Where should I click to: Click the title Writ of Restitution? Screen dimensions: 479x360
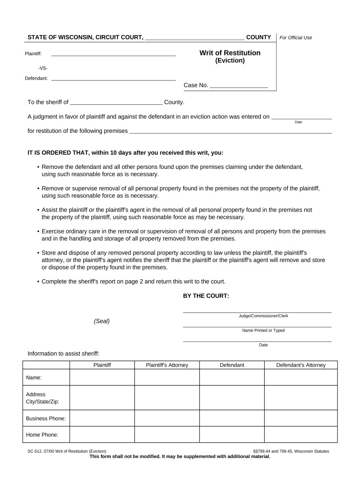coord(230,53)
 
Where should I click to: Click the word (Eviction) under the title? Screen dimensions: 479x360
coord(230,60)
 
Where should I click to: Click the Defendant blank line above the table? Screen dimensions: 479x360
coord(113,78)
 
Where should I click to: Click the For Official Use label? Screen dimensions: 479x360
coord(295,37)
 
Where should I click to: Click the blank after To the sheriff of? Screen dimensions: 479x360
coord(116,102)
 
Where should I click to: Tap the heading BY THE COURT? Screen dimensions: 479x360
coord(206,296)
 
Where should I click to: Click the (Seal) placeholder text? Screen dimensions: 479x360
coord(101,321)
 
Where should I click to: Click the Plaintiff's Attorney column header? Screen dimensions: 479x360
coord(167,365)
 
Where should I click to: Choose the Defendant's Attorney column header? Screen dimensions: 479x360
coord(301,365)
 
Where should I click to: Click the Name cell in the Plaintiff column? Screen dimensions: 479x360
coord(102,377)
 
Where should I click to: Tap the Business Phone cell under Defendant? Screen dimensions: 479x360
coord(232,418)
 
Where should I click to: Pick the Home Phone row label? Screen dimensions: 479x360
coord(42,435)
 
